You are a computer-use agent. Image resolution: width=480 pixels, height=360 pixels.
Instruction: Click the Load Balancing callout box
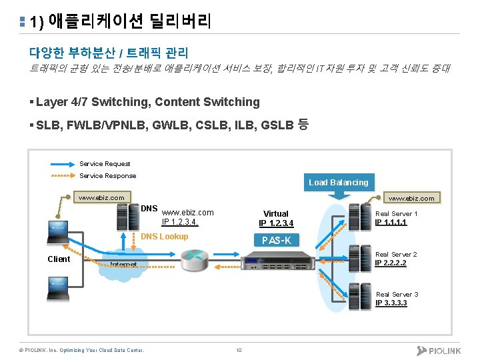point(338,182)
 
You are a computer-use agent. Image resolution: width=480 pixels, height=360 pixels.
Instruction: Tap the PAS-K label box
point(277,240)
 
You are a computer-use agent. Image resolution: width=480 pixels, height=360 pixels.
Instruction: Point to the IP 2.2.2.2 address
point(391,263)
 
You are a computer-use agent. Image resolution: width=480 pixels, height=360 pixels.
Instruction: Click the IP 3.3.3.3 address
point(391,303)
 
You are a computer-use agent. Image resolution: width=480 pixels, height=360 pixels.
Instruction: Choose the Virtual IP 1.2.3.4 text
point(276,219)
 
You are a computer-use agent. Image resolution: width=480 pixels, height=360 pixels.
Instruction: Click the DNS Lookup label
point(165,237)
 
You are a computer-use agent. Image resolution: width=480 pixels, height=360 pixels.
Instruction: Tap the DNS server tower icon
point(124,215)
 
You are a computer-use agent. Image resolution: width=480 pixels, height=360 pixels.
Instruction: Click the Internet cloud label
point(123,265)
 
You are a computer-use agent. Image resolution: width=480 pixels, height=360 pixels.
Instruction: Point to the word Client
point(59,259)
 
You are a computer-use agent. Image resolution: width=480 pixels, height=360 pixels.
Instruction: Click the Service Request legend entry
point(105,164)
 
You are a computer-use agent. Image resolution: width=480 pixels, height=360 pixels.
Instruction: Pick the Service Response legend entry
point(107,176)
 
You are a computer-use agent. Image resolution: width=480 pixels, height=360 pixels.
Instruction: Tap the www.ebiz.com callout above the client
point(101,197)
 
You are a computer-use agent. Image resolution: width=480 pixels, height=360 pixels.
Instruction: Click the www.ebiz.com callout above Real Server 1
point(411,198)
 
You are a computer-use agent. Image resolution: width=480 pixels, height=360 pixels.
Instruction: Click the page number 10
point(239,350)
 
